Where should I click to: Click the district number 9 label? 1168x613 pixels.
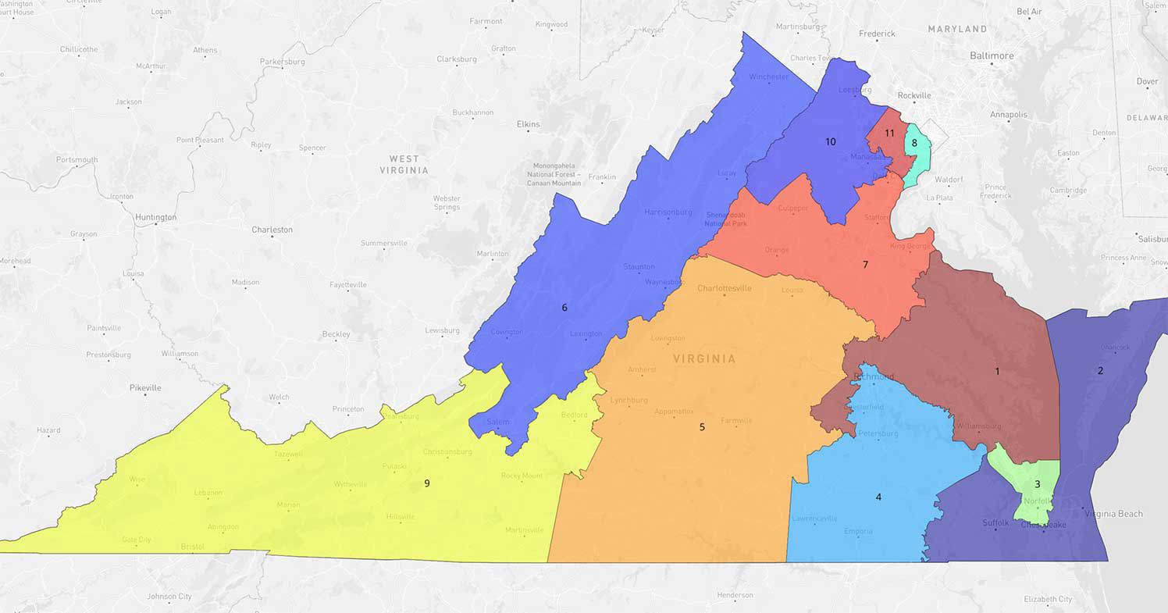pyautogui.click(x=426, y=483)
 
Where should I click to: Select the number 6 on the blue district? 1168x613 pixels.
pyautogui.click(x=564, y=308)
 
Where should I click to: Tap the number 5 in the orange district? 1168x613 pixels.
pyautogui.click(x=702, y=427)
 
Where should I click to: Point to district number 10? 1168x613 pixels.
pyautogui.click(x=831, y=142)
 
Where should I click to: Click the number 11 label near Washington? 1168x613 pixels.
pyautogui.click(x=889, y=133)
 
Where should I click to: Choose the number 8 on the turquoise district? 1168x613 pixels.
pyautogui.click(x=914, y=143)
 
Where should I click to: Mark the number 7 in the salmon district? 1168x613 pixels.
pyautogui.click(x=865, y=265)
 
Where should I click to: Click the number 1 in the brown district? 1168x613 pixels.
pyautogui.click(x=997, y=371)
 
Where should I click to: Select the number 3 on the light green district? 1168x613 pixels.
pyautogui.click(x=1037, y=484)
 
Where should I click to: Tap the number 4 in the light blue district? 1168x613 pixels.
pyautogui.click(x=878, y=497)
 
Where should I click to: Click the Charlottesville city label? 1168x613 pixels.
pyautogui.click(x=725, y=288)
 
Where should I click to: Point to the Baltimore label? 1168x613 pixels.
pyautogui.click(x=992, y=55)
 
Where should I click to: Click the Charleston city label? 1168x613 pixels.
pyautogui.click(x=272, y=230)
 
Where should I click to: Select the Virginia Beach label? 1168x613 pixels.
pyautogui.click(x=1113, y=514)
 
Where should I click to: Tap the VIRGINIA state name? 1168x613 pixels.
pyautogui.click(x=703, y=359)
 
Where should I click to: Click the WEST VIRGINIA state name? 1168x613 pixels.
pyautogui.click(x=404, y=164)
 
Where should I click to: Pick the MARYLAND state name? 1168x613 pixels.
pyautogui.click(x=957, y=29)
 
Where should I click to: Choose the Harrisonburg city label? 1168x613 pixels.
pyautogui.click(x=668, y=212)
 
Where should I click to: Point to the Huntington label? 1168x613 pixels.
pyautogui.click(x=155, y=217)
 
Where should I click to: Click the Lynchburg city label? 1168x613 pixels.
pyautogui.click(x=629, y=400)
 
